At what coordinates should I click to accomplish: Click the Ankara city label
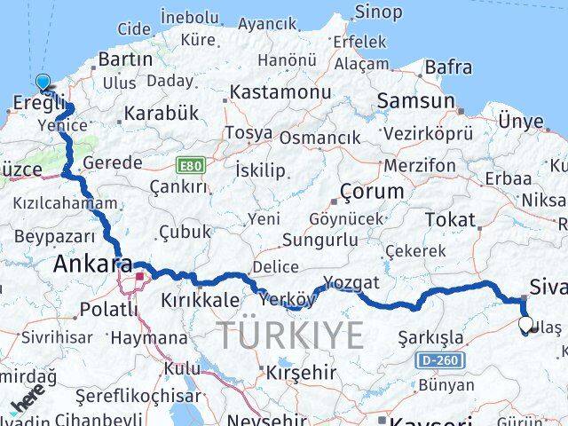[x=92, y=264]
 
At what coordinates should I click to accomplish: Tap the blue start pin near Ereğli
[x=43, y=83]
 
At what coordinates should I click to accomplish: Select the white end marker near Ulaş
[x=525, y=325]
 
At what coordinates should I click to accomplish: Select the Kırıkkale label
[x=200, y=301]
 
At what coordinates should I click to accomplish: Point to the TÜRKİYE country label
[x=290, y=335]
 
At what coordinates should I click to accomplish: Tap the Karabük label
[x=161, y=114]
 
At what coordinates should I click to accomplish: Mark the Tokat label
[x=450, y=219]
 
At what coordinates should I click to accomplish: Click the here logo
[x=26, y=404]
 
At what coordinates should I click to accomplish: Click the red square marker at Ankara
[x=138, y=277]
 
